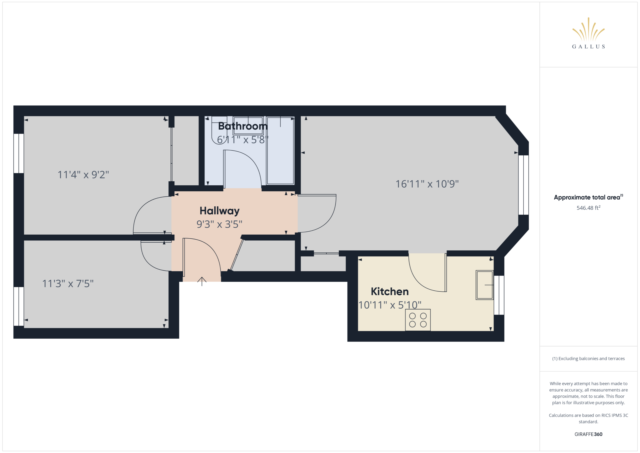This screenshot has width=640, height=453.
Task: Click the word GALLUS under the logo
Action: (x=588, y=47)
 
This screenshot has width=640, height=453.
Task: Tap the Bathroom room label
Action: (x=243, y=126)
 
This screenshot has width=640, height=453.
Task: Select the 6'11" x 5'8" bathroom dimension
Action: (x=242, y=140)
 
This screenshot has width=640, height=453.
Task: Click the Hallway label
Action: (x=219, y=211)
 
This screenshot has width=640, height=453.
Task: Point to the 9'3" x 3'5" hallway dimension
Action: (x=219, y=224)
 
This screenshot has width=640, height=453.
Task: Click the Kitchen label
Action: (x=390, y=291)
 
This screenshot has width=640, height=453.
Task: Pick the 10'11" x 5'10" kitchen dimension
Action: (x=390, y=305)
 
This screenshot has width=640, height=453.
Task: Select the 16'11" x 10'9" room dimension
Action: (x=427, y=184)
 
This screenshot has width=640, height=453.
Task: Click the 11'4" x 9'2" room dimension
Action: (x=83, y=175)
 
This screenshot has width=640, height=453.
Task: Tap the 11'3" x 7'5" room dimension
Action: (x=68, y=283)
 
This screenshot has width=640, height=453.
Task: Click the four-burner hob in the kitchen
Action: (x=418, y=320)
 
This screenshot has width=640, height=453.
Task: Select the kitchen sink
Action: (x=484, y=285)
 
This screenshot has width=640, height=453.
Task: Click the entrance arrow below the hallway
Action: (x=202, y=281)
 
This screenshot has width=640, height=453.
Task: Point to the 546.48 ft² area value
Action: (x=588, y=208)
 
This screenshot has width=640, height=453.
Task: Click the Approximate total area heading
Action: (x=588, y=197)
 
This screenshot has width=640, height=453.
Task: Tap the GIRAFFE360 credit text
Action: (x=588, y=434)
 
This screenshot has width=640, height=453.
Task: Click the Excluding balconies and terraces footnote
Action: (x=588, y=358)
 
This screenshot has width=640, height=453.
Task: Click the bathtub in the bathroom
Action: (x=280, y=151)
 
